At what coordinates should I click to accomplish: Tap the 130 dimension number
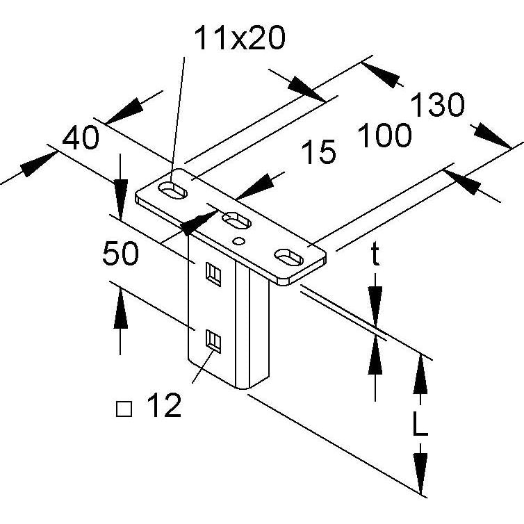pyautogui.click(x=437, y=105)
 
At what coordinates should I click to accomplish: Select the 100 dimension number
pyautogui.click(x=384, y=135)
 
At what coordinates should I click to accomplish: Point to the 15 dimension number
pyautogui.click(x=318, y=152)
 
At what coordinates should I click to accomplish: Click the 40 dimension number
pyautogui.click(x=81, y=138)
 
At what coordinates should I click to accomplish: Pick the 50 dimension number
pyautogui.click(x=120, y=253)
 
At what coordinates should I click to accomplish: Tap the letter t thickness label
pyautogui.click(x=375, y=253)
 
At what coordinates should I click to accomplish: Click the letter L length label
pyautogui.click(x=420, y=424)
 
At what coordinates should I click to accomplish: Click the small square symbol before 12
pyautogui.click(x=124, y=409)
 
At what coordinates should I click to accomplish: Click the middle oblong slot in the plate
pyautogui.click(x=236, y=220)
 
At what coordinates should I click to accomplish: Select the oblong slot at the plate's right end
pyautogui.click(x=288, y=257)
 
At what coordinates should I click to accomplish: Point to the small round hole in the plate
pyautogui.click(x=238, y=240)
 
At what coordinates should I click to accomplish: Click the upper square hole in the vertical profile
pyautogui.click(x=213, y=274)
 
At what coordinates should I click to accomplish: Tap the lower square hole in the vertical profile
pyautogui.click(x=213, y=341)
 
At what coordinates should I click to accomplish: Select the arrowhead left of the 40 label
pyautogui.click(x=40, y=165)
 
